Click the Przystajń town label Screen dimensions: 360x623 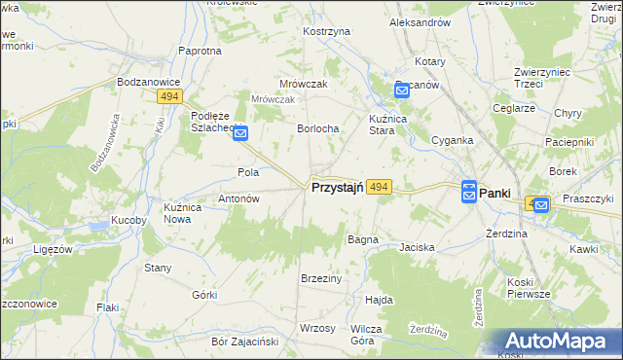tap(337, 188)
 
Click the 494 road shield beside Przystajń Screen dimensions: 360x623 tap(380, 187)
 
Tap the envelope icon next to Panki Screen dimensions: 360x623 tap(469, 193)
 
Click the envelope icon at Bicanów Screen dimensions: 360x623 tap(402, 90)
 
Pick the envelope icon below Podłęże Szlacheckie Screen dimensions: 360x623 tap(240, 135)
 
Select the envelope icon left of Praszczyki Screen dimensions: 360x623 tap(541, 204)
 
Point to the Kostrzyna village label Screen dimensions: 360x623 tap(326, 32)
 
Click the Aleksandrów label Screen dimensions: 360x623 tap(419, 21)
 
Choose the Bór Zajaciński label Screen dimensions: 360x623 tap(245, 342)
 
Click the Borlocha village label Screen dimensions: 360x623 tap(317, 128)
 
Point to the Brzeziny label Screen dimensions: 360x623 tap(321, 277)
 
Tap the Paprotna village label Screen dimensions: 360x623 tap(200, 51)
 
